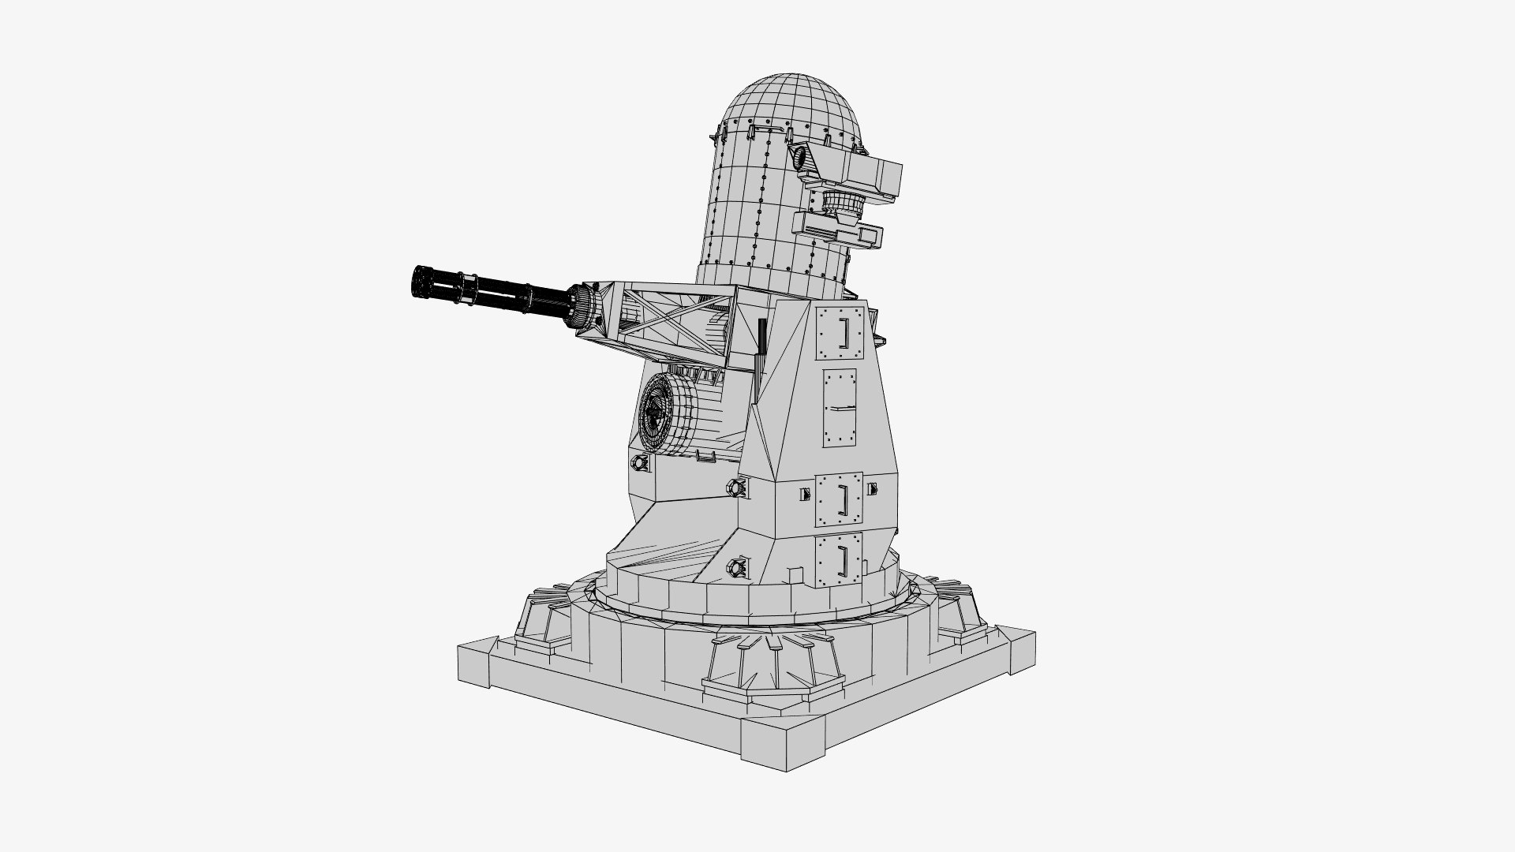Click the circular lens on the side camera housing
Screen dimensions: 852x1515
click(802, 159)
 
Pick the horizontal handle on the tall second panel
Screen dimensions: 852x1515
click(841, 408)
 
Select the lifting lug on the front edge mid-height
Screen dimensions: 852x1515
click(739, 488)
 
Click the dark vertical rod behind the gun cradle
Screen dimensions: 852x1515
click(761, 347)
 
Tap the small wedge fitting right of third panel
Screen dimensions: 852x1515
click(872, 489)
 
